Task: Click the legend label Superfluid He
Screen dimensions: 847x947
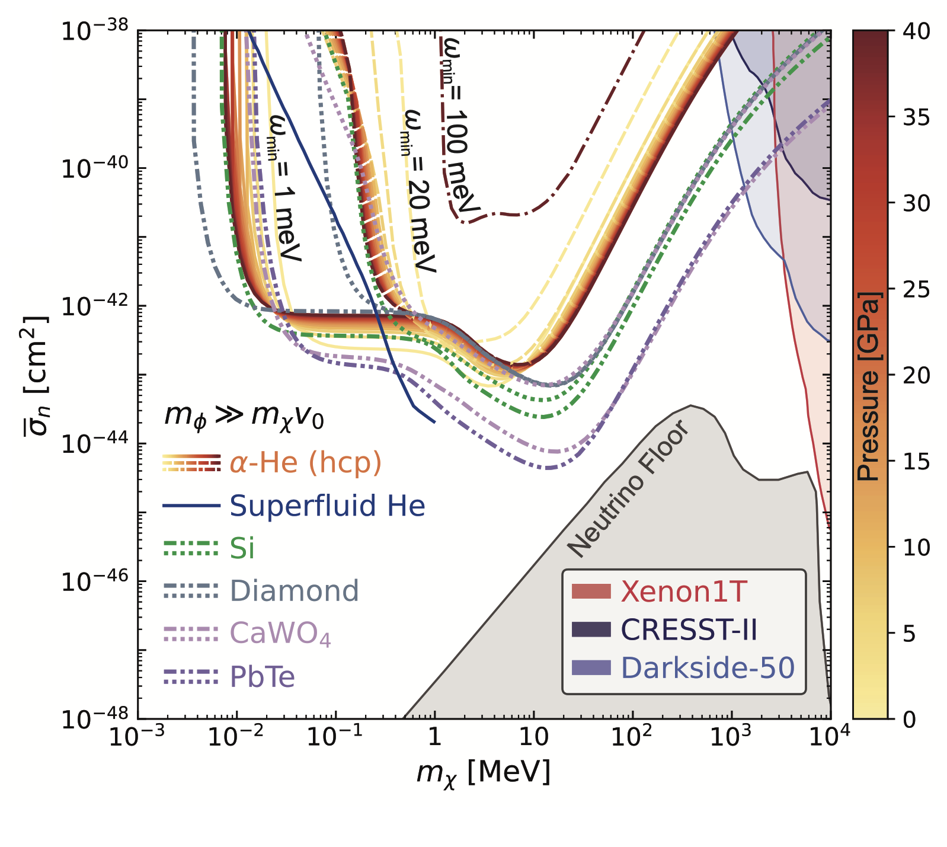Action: click(327, 506)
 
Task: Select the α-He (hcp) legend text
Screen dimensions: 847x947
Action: click(305, 462)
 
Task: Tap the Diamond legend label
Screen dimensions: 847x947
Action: click(294, 591)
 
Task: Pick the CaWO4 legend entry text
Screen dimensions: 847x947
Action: click(280, 634)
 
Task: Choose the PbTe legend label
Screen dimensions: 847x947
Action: click(262, 677)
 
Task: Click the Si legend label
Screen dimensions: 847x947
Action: click(242, 548)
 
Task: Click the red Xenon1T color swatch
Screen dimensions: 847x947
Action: click(591, 592)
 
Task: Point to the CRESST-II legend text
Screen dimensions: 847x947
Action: click(689, 629)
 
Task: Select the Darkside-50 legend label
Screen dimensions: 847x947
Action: click(707, 668)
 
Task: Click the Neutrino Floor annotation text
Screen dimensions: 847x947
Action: click(628, 489)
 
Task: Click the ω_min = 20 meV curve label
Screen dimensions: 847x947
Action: click(418, 190)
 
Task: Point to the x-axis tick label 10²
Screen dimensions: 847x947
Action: click(632, 737)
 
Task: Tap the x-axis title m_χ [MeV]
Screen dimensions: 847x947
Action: click(483, 772)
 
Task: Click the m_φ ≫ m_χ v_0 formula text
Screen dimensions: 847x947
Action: click(244, 416)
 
